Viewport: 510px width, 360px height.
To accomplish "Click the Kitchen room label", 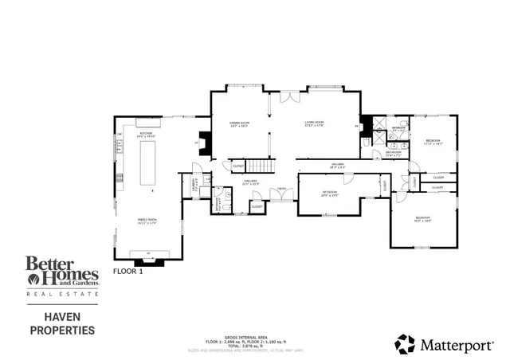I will (147, 134).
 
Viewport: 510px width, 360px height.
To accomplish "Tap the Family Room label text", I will (147, 221).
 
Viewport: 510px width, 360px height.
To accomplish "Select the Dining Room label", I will (239, 123).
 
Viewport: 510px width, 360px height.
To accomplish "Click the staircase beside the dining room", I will (259, 166).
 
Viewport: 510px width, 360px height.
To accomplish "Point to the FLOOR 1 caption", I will (127, 271).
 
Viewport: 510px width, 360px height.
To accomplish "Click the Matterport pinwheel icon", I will (406, 343).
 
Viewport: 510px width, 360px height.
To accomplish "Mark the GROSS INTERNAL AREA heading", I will (254, 337).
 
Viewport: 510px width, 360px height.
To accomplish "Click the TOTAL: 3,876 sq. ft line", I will (254, 346).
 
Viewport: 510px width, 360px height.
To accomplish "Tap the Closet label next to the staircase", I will (238, 166).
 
